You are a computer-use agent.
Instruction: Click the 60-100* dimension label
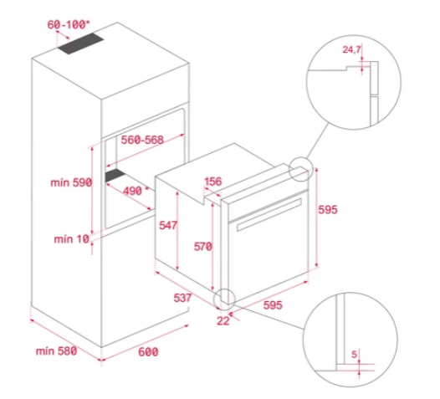tap(69, 25)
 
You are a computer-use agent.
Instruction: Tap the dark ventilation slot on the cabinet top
tap(81, 43)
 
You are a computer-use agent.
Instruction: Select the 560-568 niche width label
tap(142, 140)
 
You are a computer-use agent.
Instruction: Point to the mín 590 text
tap(71, 182)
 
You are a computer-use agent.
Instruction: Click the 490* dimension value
tap(136, 191)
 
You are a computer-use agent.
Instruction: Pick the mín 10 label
tap(72, 239)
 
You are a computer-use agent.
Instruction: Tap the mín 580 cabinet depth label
tap(56, 350)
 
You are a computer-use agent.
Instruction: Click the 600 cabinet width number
tap(148, 351)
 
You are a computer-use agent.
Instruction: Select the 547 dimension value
tap(168, 225)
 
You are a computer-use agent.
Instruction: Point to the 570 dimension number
tap(203, 247)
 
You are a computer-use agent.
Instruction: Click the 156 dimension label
tap(213, 182)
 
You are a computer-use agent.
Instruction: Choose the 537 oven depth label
tap(182, 298)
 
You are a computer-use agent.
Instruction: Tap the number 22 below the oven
tap(223, 320)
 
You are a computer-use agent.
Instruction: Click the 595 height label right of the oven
tap(328, 210)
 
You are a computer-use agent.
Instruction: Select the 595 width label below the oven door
tap(273, 305)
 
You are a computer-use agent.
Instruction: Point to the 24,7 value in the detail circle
tap(351, 49)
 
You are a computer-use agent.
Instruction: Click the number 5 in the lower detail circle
tap(355, 355)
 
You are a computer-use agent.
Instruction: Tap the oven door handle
tap(269, 215)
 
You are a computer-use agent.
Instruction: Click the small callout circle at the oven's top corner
tap(301, 157)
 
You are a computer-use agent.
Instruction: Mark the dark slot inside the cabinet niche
tap(115, 176)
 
